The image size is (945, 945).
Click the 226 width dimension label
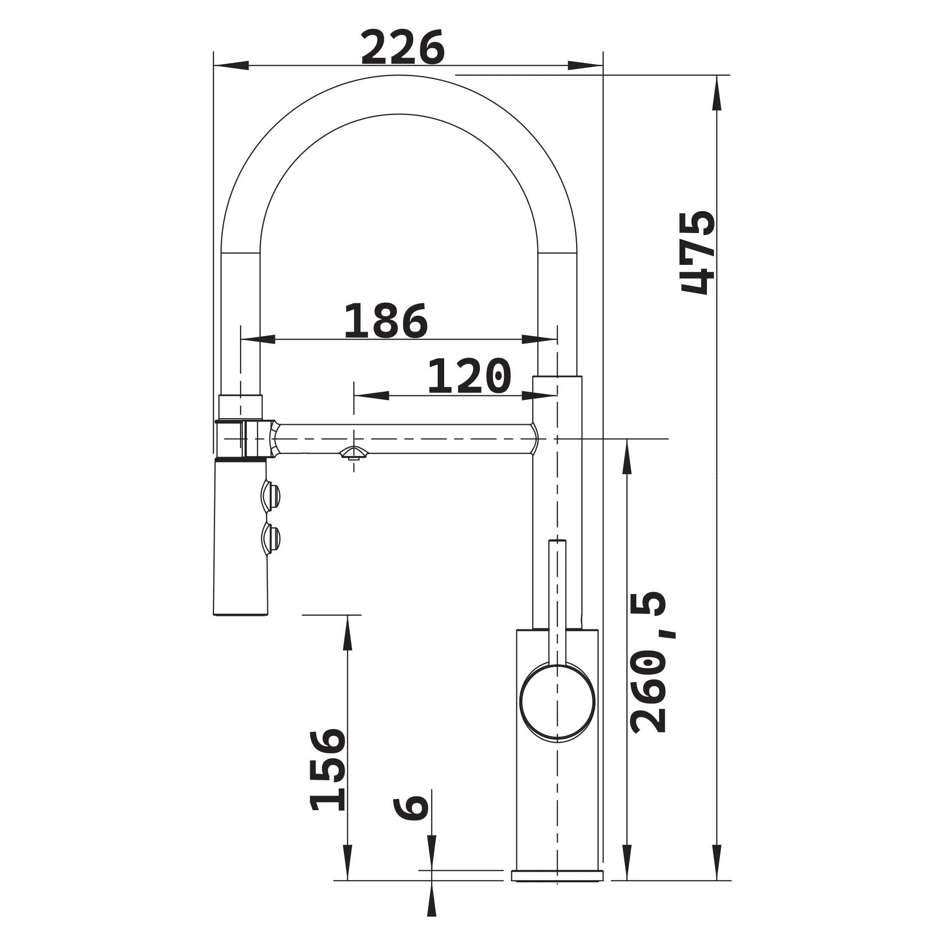[402, 47]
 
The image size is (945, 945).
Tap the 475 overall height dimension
[698, 253]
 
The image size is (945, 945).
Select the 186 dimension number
[386, 321]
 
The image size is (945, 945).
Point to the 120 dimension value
[469, 376]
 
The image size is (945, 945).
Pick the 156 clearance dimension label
[327, 769]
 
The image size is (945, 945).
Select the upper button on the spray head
[270, 495]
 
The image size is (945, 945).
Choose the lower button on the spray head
[270, 538]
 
